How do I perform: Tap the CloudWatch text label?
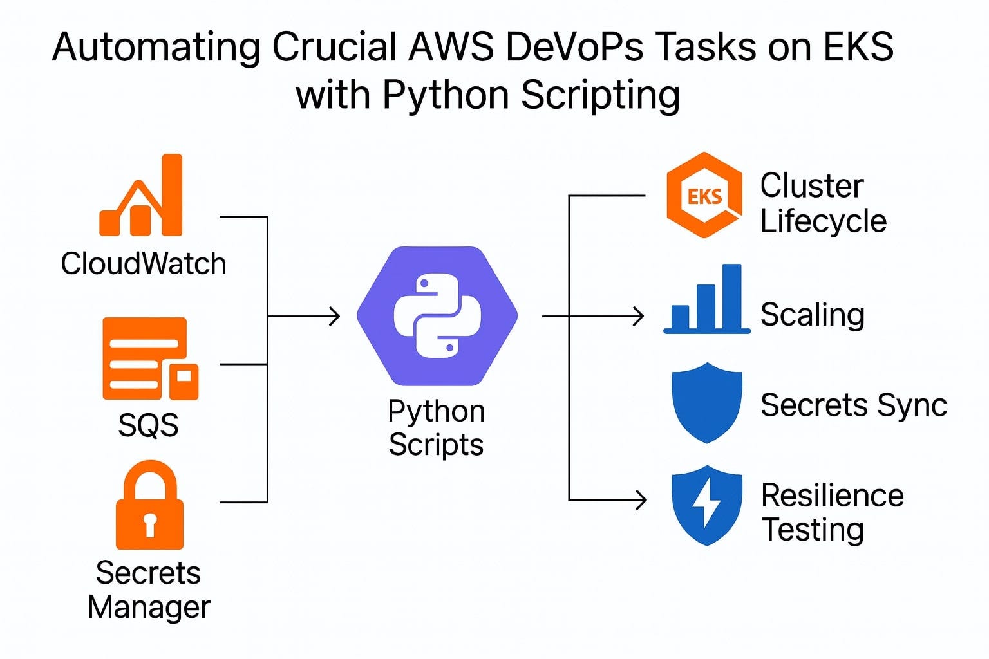coord(144,264)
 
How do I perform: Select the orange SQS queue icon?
coord(150,358)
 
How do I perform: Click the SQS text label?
coord(148,425)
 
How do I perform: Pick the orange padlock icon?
coord(149,505)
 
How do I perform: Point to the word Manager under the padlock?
coord(149,608)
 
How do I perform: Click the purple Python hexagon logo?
coord(437,316)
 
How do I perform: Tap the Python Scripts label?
coord(436,428)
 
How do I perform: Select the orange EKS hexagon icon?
coord(704,196)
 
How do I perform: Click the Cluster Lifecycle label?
coord(823,203)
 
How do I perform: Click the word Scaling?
coord(812,315)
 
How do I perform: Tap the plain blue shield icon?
coord(706,402)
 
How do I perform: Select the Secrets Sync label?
coord(853,405)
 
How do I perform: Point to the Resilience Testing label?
coord(831,513)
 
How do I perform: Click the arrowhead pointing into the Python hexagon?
coord(335,316)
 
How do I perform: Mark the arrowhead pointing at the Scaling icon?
coord(639,316)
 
